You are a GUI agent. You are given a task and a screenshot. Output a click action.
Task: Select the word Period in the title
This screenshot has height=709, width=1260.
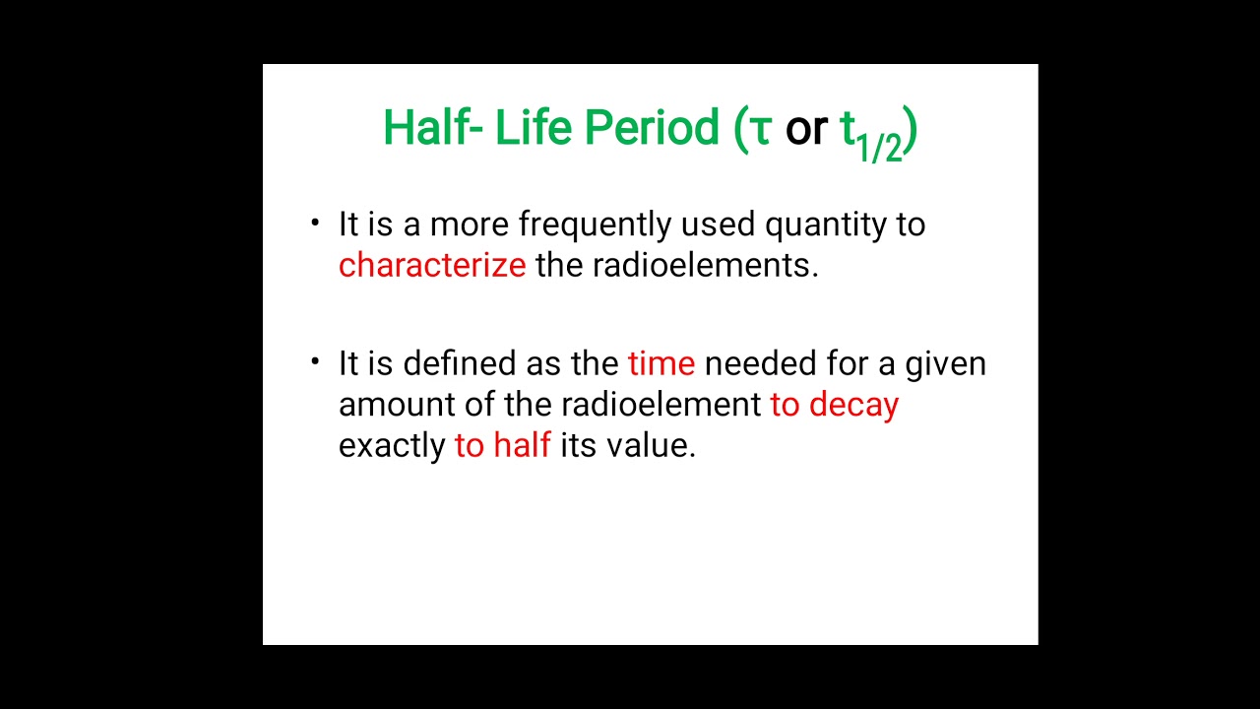(652, 128)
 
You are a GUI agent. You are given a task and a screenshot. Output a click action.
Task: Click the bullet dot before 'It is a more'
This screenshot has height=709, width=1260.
(315, 224)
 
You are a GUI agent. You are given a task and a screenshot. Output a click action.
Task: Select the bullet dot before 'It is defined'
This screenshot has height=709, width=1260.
(315, 362)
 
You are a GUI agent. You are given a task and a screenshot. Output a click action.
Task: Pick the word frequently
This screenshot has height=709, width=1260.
(595, 226)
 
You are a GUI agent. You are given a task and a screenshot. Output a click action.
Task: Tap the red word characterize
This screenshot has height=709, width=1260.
(432, 266)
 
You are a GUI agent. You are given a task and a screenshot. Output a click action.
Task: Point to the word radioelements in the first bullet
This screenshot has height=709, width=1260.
(704, 266)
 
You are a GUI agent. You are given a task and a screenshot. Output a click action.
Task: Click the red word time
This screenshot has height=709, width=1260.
(661, 364)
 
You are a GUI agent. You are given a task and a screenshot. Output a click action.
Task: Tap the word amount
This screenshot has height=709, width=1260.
(388, 405)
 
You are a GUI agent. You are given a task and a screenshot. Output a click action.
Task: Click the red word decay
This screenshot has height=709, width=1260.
(853, 406)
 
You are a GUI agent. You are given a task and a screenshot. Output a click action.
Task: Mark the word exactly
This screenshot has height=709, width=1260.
(392, 446)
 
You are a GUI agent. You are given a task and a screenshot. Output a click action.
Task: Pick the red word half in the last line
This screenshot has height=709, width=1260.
(522, 445)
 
